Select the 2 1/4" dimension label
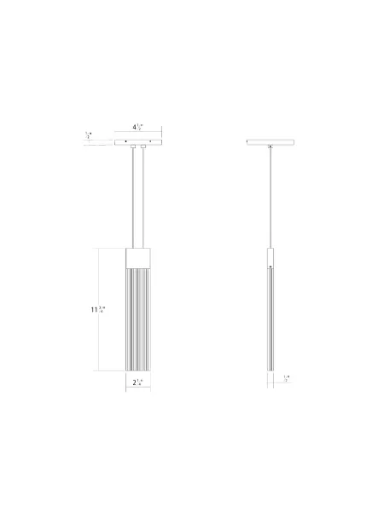pos(138,383)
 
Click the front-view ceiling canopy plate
pos(138,141)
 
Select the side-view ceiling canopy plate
pos(271,141)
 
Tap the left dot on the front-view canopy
pos(121,141)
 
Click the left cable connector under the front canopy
pos(132,148)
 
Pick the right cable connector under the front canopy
pos(144,148)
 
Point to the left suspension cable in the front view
pos(132,196)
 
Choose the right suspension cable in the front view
pos(144,196)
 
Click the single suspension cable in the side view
pos(271,196)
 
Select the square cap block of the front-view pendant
pos(138,257)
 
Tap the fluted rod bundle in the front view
pos(138,319)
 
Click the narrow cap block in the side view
pos(271,257)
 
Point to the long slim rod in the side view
pos(271,324)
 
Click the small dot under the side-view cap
pos(271,269)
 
